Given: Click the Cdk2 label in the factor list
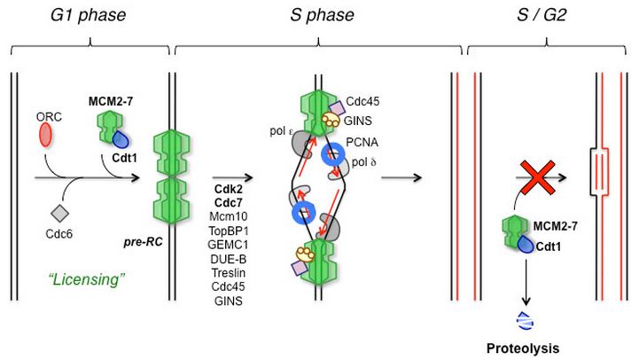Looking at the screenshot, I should [x=228, y=190].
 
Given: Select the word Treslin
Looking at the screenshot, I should [x=228, y=276].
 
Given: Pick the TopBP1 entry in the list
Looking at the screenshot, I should [x=228, y=233].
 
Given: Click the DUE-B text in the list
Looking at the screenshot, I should [x=228, y=262].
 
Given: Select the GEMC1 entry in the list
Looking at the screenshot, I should [x=228, y=247].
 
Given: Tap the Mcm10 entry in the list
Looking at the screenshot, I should [x=228, y=218].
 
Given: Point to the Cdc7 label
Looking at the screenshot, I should [x=228, y=204].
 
